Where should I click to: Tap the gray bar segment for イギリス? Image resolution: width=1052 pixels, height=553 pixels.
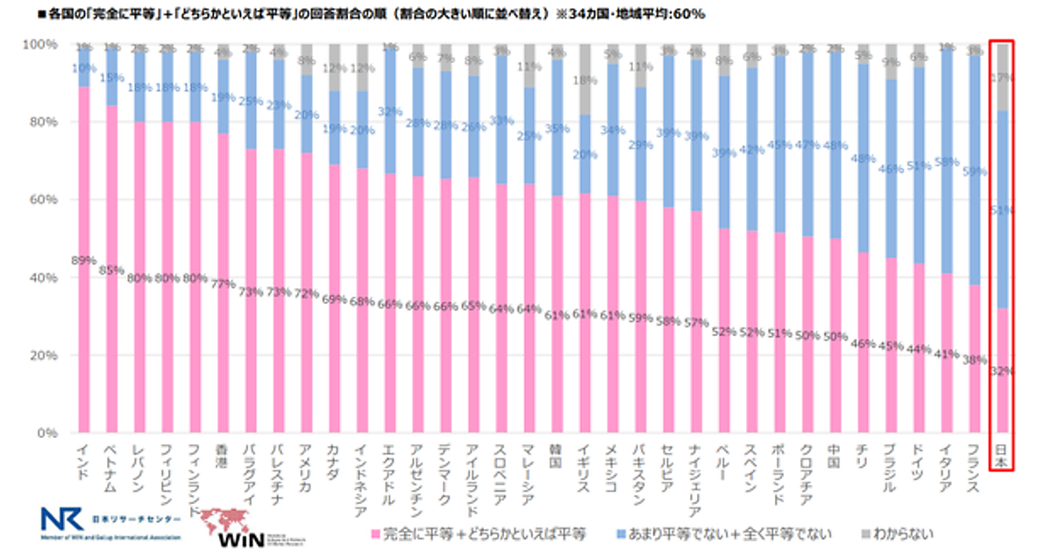(x=585, y=79)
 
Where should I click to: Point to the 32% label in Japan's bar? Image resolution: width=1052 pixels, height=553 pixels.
(x=1001, y=370)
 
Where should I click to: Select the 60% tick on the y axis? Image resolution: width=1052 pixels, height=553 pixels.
(x=44, y=200)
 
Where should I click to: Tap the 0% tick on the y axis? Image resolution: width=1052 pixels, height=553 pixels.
(x=48, y=434)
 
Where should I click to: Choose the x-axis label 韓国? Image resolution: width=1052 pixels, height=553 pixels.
(x=557, y=455)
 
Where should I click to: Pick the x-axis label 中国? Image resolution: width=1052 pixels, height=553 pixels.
(x=835, y=455)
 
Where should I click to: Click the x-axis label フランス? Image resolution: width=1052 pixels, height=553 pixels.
(x=973, y=470)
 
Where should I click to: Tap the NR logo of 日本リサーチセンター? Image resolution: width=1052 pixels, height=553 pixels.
(x=61, y=520)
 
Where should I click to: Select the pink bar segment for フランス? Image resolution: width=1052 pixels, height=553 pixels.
(x=973, y=360)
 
